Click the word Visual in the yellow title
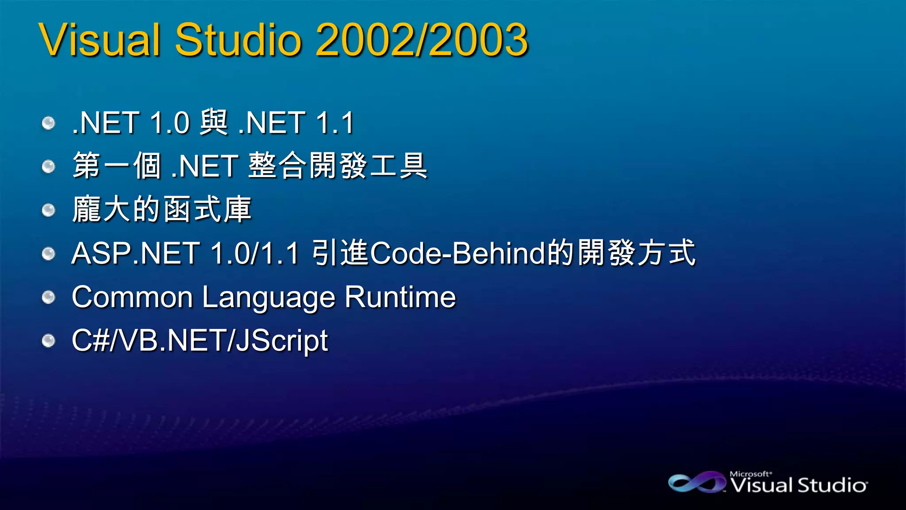[100, 40]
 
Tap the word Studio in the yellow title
[238, 40]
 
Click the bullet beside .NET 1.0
[48, 123]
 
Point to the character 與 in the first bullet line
[214, 122]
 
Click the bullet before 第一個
[48, 166]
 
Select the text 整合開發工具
[338, 166]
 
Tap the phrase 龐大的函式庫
[162, 209]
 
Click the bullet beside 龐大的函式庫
[48, 210]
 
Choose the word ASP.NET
[135, 253]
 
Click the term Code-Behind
[458, 253]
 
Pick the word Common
[132, 297]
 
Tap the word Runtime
[400, 297]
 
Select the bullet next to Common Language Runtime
[48, 297]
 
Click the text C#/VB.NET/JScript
[200, 341]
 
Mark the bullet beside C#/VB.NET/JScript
[48, 341]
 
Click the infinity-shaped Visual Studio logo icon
[696, 482]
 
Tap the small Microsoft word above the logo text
[750, 474]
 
